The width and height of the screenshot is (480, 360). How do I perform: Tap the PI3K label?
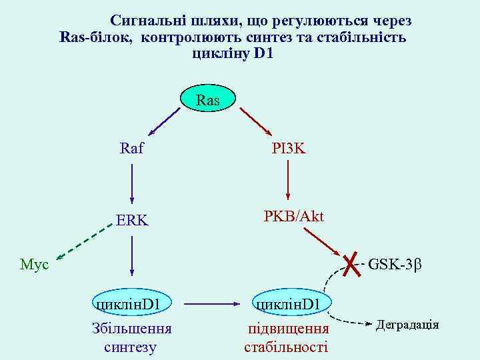pos(288,148)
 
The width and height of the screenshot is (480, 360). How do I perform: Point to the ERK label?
pos(131,220)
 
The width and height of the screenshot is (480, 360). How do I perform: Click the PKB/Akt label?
pos(293,217)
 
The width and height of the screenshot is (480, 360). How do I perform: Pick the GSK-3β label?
pos(395,265)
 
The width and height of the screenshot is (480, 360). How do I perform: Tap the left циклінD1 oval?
pos(131,304)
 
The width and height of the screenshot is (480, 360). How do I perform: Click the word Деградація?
pos(407,325)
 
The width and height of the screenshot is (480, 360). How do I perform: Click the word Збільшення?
pos(131,329)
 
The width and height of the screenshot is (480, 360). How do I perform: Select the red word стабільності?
pos(286,347)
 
